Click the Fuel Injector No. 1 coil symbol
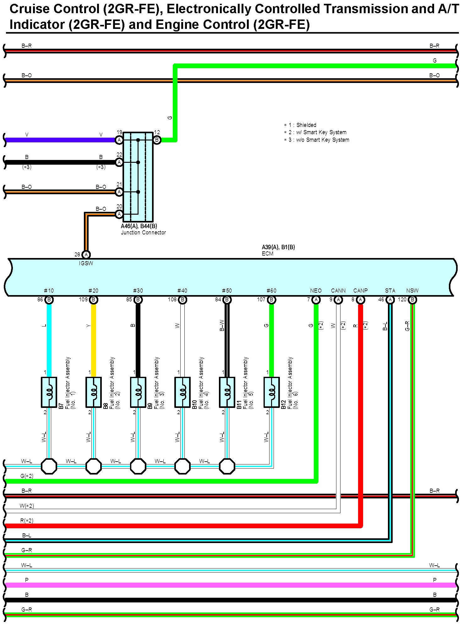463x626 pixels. [x=49, y=392]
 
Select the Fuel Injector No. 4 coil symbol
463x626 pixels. [x=182, y=392]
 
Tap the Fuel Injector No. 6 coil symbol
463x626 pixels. [x=272, y=392]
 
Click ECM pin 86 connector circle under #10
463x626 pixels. [x=49, y=299]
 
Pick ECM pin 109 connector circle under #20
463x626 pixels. [x=93, y=299]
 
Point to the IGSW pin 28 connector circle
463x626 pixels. [x=86, y=255]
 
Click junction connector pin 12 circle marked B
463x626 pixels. [x=157, y=140]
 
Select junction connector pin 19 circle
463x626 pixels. [x=119, y=140]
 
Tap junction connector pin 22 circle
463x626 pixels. [x=119, y=162]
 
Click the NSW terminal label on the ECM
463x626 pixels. [x=412, y=291]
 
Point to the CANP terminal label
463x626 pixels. [x=360, y=291]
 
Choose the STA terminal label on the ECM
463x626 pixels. [x=390, y=291]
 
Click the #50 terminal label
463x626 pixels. [x=227, y=291]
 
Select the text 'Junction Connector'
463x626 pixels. [x=143, y=233]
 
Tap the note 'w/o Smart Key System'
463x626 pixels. [x=319, y=140]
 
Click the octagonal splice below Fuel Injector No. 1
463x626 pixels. [x=49, y=466]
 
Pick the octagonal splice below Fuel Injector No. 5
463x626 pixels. [x=227, y=466]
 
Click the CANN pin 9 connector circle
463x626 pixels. [x=338, y=299]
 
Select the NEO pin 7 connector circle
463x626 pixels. [x=316, y=299]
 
